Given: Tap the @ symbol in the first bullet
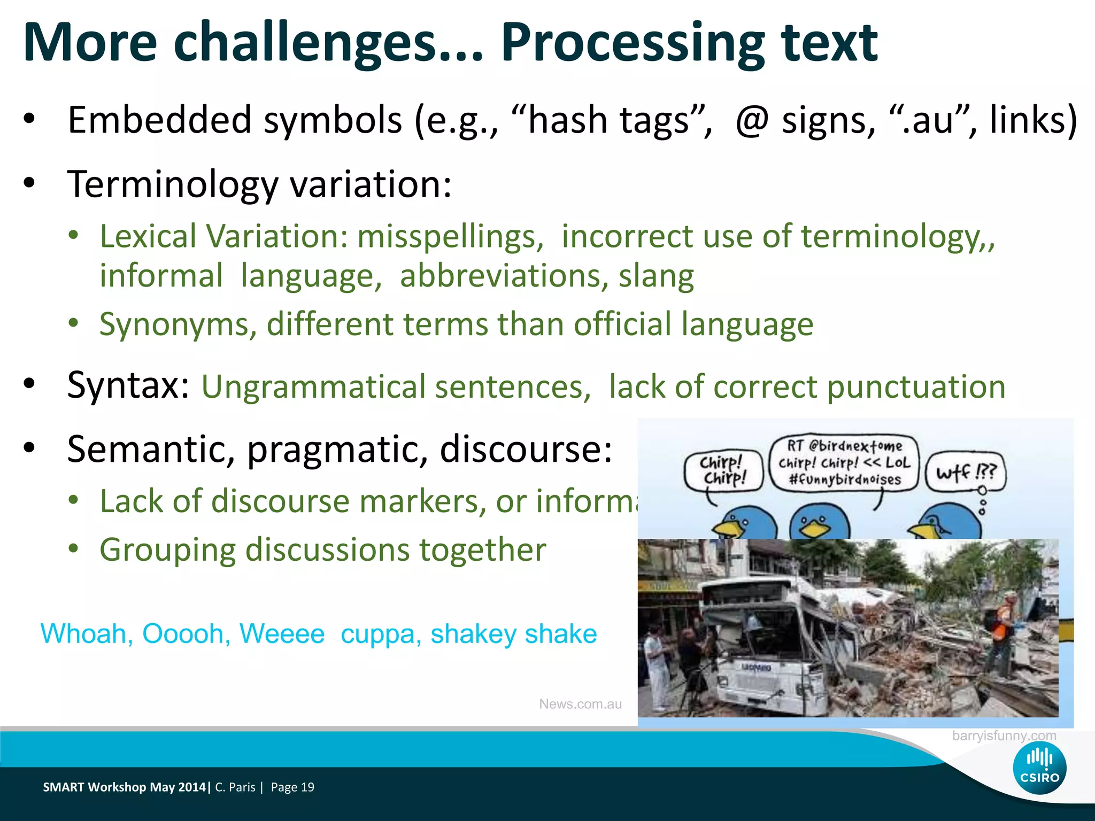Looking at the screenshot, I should point(751,121).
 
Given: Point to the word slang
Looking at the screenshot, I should point(656,276).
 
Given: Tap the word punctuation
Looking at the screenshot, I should point(916,387).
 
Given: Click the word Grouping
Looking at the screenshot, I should point(167,550).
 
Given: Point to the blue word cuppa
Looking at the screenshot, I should point(377,634).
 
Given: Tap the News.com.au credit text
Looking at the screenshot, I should point(580,704).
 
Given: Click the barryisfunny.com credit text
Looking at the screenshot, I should point(1004,736).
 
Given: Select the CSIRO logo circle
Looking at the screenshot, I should point(1039,768).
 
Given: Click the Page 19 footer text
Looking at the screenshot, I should point(292,787).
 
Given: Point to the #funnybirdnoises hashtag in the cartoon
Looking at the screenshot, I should point(845,479).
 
